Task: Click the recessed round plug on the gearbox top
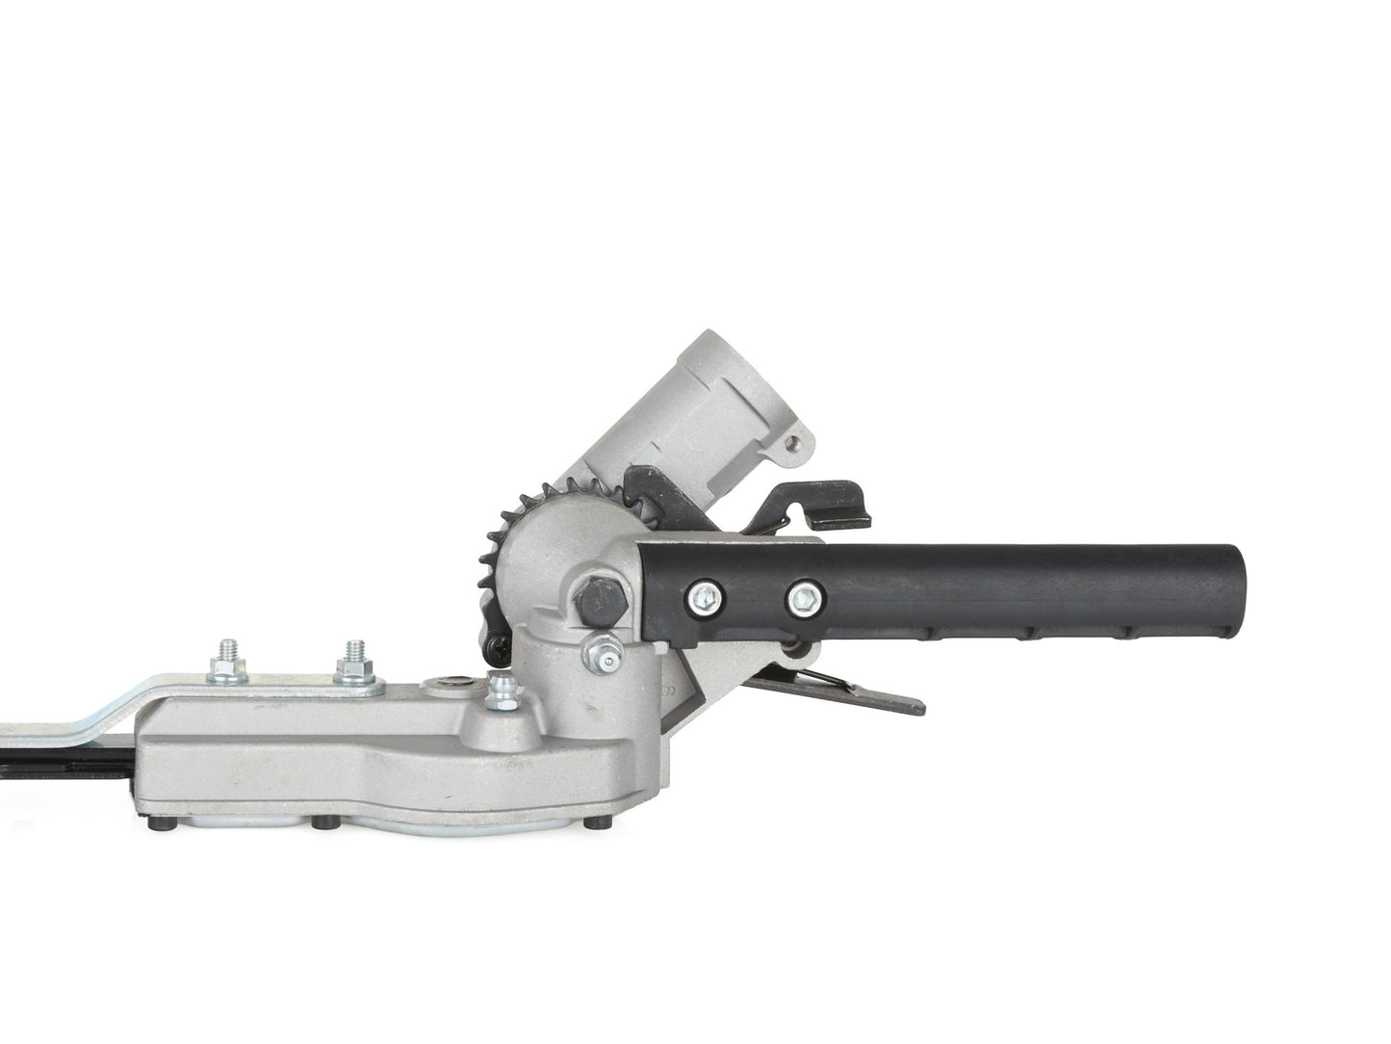pos(452,685)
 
